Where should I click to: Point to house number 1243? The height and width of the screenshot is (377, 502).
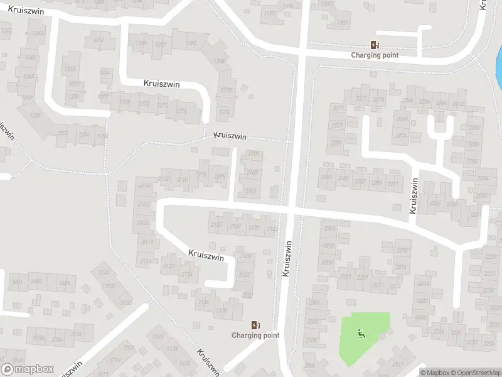38,33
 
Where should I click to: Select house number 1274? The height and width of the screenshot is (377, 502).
181,112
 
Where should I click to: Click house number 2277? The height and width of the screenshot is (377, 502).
338,108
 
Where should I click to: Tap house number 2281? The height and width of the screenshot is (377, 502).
336,143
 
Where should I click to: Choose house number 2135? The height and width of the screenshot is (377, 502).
217,225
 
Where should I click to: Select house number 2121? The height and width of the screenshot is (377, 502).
146,260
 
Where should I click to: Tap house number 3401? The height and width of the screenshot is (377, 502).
18,282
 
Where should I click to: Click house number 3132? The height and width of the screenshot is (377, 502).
125,303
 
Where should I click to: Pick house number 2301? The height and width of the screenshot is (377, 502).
314,302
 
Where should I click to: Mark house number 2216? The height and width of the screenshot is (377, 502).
402,251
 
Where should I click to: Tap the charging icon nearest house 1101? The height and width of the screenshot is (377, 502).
375,45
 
